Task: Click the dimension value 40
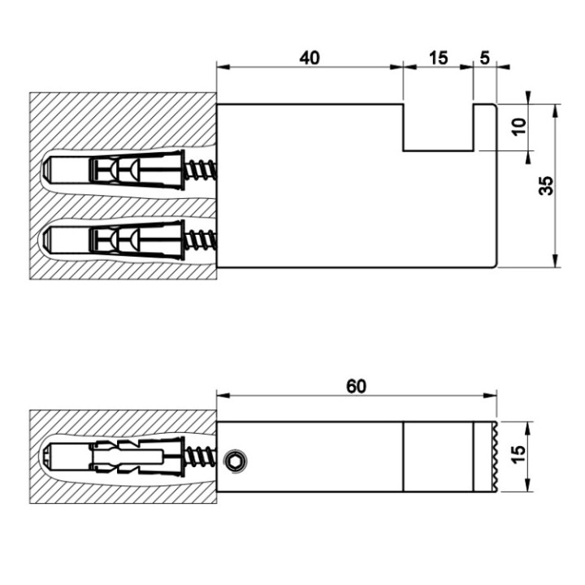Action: (310, 58)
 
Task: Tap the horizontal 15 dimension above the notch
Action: (438, 58)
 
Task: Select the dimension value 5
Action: (485, 58)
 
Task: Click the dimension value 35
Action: (546, 185)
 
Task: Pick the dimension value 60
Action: (356, 386)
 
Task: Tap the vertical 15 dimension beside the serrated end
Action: (518, 457)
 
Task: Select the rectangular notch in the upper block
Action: (438, 128)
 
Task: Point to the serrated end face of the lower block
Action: (491, 457)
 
